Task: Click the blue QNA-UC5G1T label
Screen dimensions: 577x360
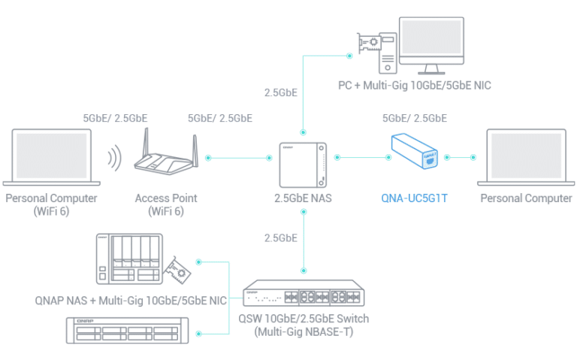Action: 414,198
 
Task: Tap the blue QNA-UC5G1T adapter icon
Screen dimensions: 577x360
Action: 415,151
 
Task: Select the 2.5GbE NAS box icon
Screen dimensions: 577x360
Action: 303,165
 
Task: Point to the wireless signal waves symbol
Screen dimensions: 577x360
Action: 115,158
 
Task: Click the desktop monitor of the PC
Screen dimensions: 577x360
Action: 431,45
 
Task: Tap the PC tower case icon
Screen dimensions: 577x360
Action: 388,53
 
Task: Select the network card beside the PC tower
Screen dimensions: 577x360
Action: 368,43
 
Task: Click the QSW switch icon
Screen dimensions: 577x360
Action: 304,293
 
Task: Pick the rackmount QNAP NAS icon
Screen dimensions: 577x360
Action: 127,331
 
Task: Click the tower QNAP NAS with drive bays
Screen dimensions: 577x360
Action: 129,259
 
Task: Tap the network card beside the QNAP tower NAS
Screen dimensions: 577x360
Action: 178,270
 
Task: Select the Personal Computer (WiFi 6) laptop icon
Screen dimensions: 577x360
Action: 52,157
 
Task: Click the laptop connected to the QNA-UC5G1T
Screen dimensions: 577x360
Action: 526,157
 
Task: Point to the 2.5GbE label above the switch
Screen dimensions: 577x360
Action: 281,238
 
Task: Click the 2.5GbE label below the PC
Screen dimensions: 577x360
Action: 281,92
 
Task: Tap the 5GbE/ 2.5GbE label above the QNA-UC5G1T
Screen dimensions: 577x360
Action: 415,118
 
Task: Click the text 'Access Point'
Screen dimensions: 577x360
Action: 166,198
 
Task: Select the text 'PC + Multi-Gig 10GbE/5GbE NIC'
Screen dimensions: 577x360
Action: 415,86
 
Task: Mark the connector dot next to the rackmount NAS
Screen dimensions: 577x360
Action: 198,334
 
